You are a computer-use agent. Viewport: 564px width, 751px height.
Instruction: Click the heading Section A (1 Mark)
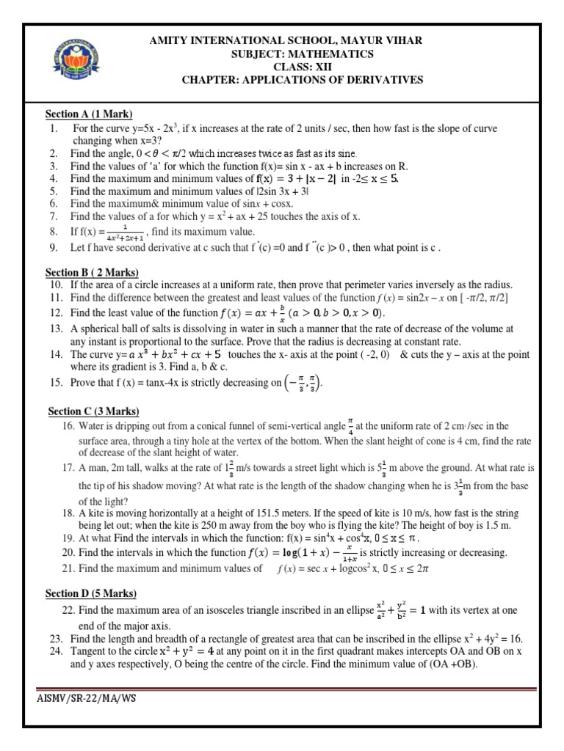tap(89, 114)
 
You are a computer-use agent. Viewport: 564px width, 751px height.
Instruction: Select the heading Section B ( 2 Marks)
tap(92, 273)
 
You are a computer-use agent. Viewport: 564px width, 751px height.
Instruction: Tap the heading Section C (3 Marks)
tap(93, 411)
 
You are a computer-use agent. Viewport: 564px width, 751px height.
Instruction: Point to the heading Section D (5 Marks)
tap(91, 593)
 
